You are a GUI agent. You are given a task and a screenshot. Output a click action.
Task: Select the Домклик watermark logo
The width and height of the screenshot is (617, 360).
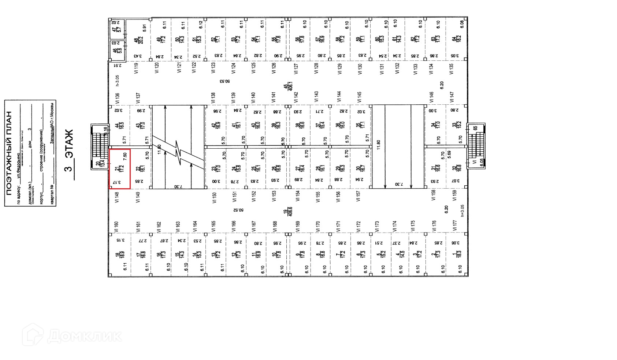[72, 335]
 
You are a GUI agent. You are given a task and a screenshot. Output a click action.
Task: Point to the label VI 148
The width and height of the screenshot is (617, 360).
[117, 197]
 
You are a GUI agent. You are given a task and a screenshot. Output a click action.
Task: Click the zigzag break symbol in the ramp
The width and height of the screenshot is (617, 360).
[178, 152]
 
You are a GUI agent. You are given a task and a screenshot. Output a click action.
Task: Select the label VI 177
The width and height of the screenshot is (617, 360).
[454, 226]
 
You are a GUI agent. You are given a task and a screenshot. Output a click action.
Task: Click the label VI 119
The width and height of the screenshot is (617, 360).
[136, 68]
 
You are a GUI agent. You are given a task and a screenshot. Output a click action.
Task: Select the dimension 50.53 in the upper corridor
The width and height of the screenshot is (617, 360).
[224, 81]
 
